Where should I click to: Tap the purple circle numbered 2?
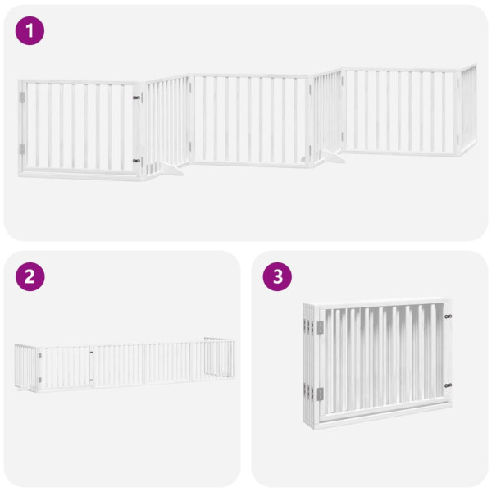(30, 276)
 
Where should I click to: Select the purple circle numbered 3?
(276, 276)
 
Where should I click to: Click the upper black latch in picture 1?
(136, 98)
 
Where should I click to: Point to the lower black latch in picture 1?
(136, 161)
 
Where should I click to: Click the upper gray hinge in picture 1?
(22, 98)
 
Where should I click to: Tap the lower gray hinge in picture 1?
(22, 149)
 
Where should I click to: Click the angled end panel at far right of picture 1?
(468, 110)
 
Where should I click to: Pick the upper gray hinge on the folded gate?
(320, 327)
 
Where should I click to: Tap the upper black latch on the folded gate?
(448, 317)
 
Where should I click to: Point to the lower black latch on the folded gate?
(448, 385)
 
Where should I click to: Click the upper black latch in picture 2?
(90, 353)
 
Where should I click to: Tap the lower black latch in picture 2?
(90, 379)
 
